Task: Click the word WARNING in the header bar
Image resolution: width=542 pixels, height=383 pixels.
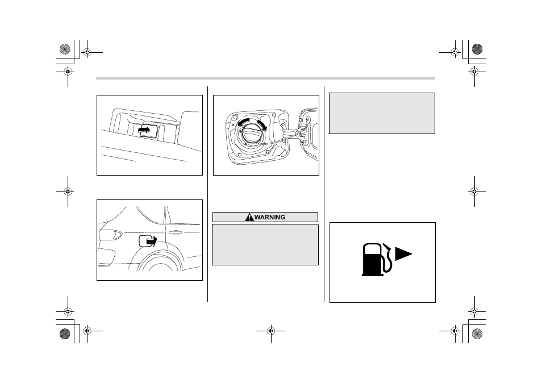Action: [270, 217]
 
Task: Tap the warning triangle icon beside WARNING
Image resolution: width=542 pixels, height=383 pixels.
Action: [249, 217]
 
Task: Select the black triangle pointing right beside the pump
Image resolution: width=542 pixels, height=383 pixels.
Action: [403, 253]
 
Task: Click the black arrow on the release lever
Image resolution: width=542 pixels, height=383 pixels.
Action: [144, 130]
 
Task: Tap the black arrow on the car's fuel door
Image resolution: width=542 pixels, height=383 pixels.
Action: [152, 240]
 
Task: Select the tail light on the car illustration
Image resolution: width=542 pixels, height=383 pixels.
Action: [111, 235]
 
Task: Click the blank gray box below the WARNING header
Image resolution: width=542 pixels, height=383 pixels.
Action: [265, 245]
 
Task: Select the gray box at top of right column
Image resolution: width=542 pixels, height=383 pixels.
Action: [382, 114]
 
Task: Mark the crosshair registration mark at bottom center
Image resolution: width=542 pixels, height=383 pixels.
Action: [271, 331]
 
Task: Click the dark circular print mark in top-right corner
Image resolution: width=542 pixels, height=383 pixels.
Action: [477, 49]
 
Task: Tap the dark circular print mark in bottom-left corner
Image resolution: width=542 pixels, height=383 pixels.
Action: [65, 334]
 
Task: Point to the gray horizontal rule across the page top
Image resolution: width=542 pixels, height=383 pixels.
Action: [265, 78]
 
